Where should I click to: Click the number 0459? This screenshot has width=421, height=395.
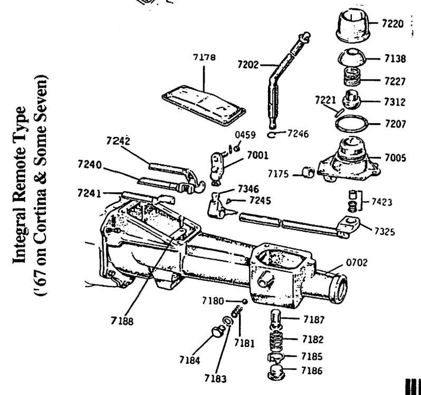(x=245, y=135)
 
